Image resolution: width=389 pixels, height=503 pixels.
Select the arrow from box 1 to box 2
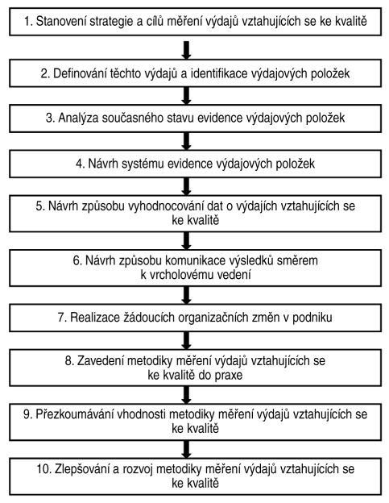(186, 50)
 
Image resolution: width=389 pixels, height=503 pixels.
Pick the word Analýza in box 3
(78, 118)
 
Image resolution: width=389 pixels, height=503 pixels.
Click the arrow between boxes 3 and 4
(186, 141)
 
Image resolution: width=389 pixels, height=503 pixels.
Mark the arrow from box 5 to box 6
(186, 240)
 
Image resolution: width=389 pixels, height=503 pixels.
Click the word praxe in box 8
(228, 376)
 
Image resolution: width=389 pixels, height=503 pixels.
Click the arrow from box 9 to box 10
(186, 450)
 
